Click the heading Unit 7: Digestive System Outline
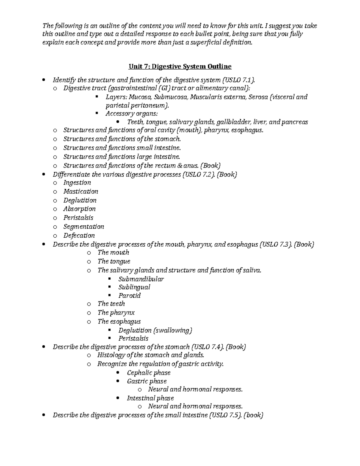pyautogui.click(x=180, y=66)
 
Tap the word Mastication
pyautogui.click(x=81, y=191)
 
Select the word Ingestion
pyautogui.click(x=77, y=183)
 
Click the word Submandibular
pyautogui.click(x=141, y=279)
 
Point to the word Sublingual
pyautogui.click(x=134, y=287)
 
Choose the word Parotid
pyautogui.click(x=129, y=296)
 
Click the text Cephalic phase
pyautogui.click(x=148, y=373)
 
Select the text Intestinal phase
pyautogui.click(x=150, y=398)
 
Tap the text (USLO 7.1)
pyautogui.click(x=238, y=80)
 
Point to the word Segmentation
pyautogui.click(x=84, y=227)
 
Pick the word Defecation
pyautogui.click(x=79, y=236)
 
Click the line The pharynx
pyautogui.click(x=116, y=313)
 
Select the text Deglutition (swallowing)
pyautogui.click(x=155, y=330)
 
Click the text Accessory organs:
pyautogui.click(x=131, y=114)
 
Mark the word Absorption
pyautogui.click(x=79, y=209)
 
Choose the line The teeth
pyautogui.click(x=111, y=304)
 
